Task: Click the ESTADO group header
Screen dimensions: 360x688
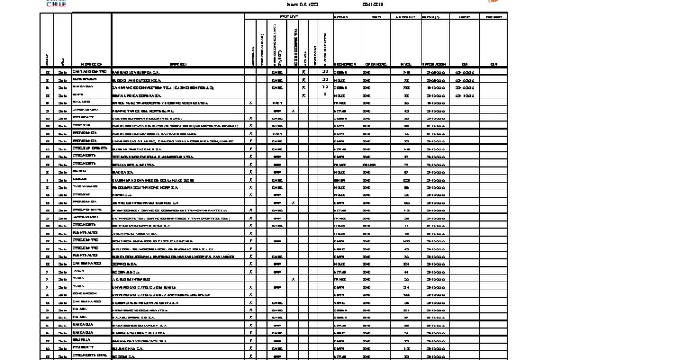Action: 288,17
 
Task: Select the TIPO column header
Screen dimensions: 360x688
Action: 376,17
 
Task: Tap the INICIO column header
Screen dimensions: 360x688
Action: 465,17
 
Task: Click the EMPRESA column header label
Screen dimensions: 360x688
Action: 178,64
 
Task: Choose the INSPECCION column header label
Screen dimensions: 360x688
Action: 90,64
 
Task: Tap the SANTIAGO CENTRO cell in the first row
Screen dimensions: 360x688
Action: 90,72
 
